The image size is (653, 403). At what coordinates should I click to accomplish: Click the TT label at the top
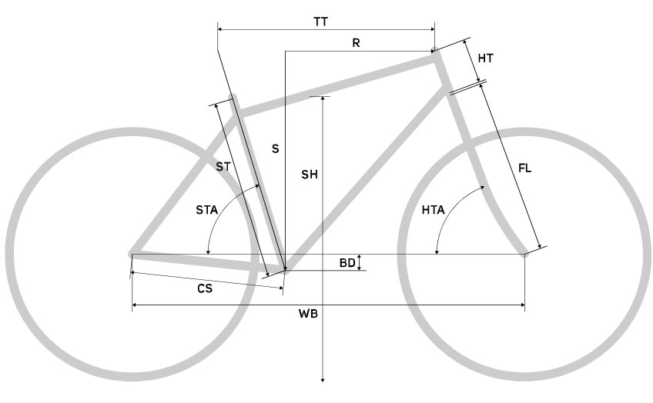[320, 22]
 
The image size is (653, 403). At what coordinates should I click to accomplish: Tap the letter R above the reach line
[356, 43]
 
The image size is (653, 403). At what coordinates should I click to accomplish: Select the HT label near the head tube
[486, 58]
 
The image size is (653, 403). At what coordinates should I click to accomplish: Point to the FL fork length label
[524, 168]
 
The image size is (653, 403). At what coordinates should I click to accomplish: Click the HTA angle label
[433, 210]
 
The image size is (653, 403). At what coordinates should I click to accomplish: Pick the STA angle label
[207, 210]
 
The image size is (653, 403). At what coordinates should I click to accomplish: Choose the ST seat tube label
[223, 167]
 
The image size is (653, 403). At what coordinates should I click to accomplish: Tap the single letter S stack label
[275, 149]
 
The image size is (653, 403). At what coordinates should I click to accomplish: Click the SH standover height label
[310, 175]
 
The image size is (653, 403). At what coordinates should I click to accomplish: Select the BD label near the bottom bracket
[347, 263]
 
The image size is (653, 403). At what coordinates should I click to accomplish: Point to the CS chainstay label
[205, 288]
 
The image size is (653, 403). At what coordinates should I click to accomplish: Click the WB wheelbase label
[308, 314]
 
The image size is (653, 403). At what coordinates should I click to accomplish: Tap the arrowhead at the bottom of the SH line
[323, 379]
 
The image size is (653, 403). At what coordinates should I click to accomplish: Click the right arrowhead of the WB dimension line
[522, 305]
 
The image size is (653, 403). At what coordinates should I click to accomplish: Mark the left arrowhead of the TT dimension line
[221, 29]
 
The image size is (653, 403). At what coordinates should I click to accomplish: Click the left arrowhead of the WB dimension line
[135, 305]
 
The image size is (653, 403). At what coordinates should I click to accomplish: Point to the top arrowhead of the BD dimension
[360, 258]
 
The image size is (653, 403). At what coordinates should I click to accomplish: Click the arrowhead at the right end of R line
[432, 52]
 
